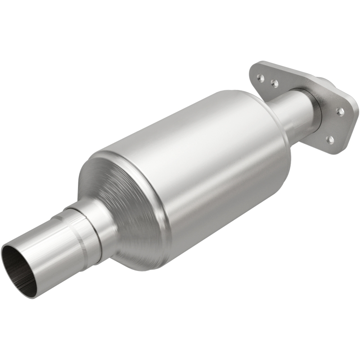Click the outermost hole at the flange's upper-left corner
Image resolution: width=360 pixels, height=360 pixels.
(260, 77)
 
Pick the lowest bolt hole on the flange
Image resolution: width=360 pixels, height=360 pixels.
(330, 139)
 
